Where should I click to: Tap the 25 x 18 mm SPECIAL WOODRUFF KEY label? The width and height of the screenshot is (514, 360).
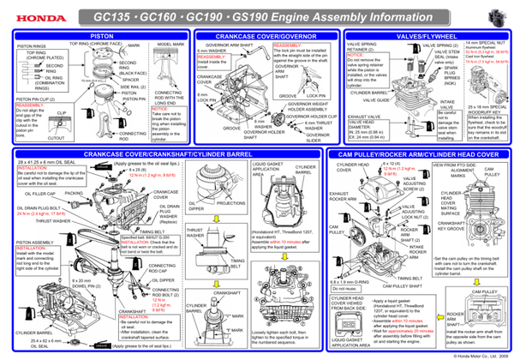[484, 110]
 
